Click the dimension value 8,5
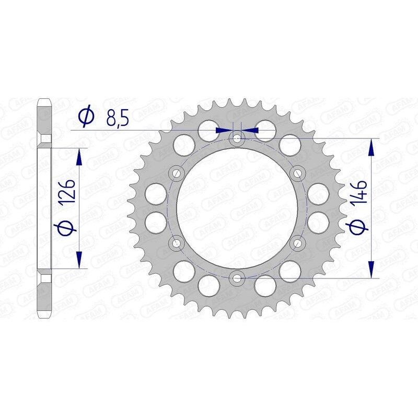coord(117,118)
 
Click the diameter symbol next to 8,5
coord(86,117)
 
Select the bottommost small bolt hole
coord(238,277)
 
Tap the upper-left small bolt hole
coord(177,172)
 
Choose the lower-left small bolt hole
coord(177,242)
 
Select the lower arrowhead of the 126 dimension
coord(79,260)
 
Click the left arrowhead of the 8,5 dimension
coord(225,130)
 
